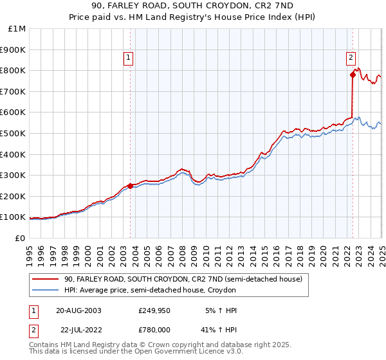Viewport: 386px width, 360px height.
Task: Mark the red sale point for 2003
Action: click(131, 186)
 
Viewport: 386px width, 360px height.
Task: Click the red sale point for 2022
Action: click(353, 75)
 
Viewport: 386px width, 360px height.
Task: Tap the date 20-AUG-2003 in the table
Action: click(78, 310)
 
